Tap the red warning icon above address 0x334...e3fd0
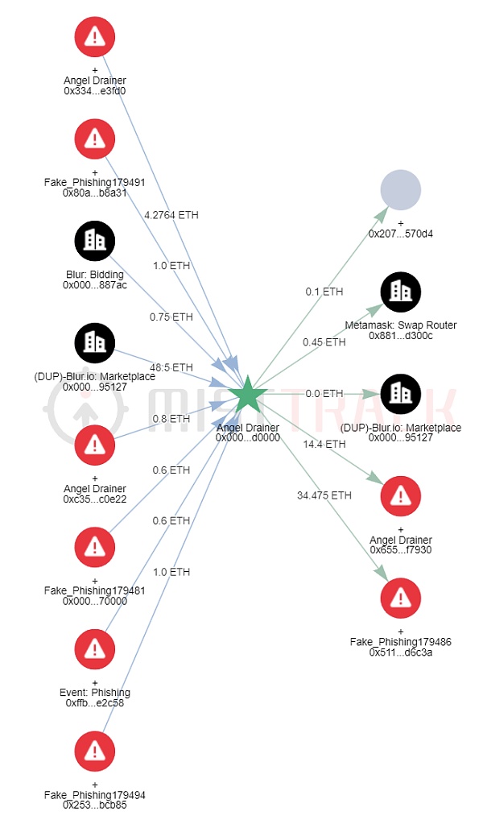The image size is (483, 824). (95, 37)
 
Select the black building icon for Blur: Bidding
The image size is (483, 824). (95, 241)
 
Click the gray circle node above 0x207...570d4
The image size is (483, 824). (401, 190)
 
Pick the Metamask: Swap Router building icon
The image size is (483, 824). (401, 292)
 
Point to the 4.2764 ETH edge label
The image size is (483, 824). (171, 215)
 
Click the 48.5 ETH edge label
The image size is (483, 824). (171, 367)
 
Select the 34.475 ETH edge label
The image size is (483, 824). (324, 495)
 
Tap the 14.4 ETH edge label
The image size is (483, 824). (324, 444)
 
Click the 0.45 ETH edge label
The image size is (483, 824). (324, 342)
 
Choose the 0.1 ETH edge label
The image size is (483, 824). (324, 291)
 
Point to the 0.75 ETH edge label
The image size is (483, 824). (171, 317)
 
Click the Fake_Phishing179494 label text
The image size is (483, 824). (95, 794)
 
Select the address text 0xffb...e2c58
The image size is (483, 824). (95, 702)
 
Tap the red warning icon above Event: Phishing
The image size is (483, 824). (95, 649)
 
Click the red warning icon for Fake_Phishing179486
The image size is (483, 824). (401, 598)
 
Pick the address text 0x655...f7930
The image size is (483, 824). (401, 549)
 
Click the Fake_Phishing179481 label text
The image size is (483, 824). (95, 590)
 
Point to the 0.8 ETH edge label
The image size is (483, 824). (171, 419)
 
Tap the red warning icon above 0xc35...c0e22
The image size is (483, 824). (95, 445)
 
